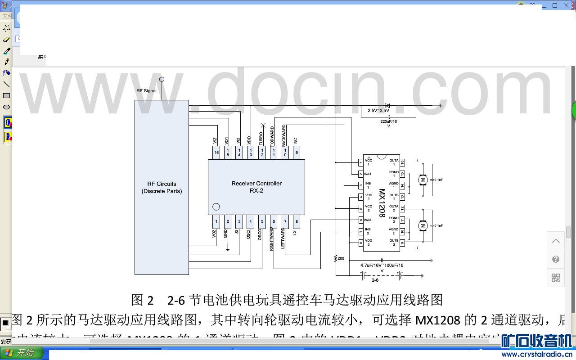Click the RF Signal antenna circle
pos(162,79)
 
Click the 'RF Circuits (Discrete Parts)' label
pos(162,187)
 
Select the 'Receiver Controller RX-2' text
pos(256,187)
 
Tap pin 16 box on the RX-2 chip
pos(216,153)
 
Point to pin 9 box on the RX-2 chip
pos(296,153)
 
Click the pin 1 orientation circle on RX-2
pos(216,207)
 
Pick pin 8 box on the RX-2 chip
pos(296,221)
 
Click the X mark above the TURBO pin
pos(263,125)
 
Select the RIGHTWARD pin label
pos(271,239)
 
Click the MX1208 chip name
pos(382,203)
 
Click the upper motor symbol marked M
pos(422,180)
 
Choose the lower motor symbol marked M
pos(422,225)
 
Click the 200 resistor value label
pos(341,258)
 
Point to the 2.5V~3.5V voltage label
pos(378,110)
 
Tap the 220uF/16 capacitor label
pos(389,121)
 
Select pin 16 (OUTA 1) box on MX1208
pos(402,162)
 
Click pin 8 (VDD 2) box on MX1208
pos(360,243)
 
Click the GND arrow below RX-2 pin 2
pos(228,248)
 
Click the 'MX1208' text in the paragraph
pos(437,320)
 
